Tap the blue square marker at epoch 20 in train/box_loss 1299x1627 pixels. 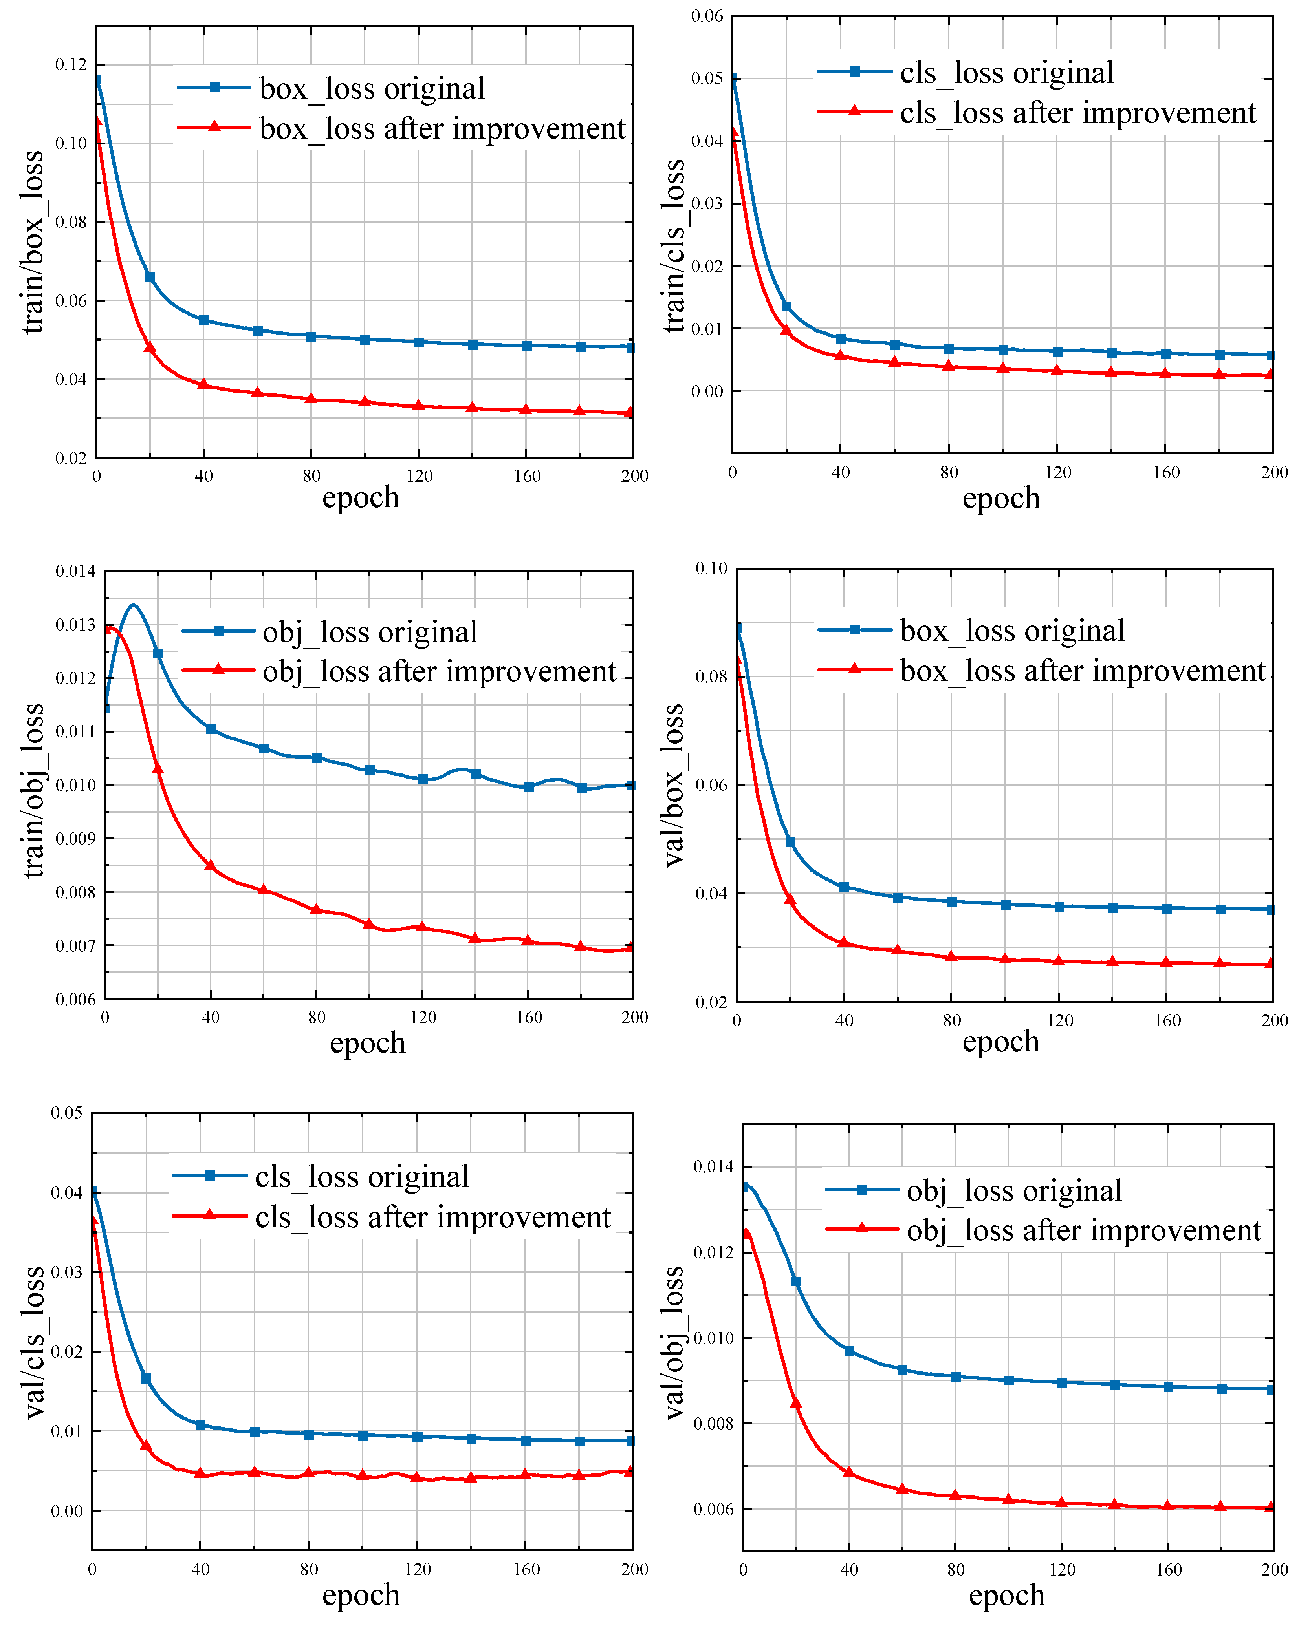point(149,277)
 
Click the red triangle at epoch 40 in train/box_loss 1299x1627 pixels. point(203,384)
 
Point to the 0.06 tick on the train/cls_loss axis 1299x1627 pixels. point(707,16)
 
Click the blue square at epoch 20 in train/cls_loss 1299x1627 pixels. point(786,306)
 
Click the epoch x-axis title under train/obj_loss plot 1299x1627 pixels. point(368,1043)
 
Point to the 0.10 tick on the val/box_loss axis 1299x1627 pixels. point(711,568)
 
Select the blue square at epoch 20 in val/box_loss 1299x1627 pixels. point(790,841)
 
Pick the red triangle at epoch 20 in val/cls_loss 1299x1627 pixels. point(146,1445)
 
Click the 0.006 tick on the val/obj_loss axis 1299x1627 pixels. point(713,1509)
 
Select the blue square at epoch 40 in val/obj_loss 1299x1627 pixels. point(849,1351)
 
